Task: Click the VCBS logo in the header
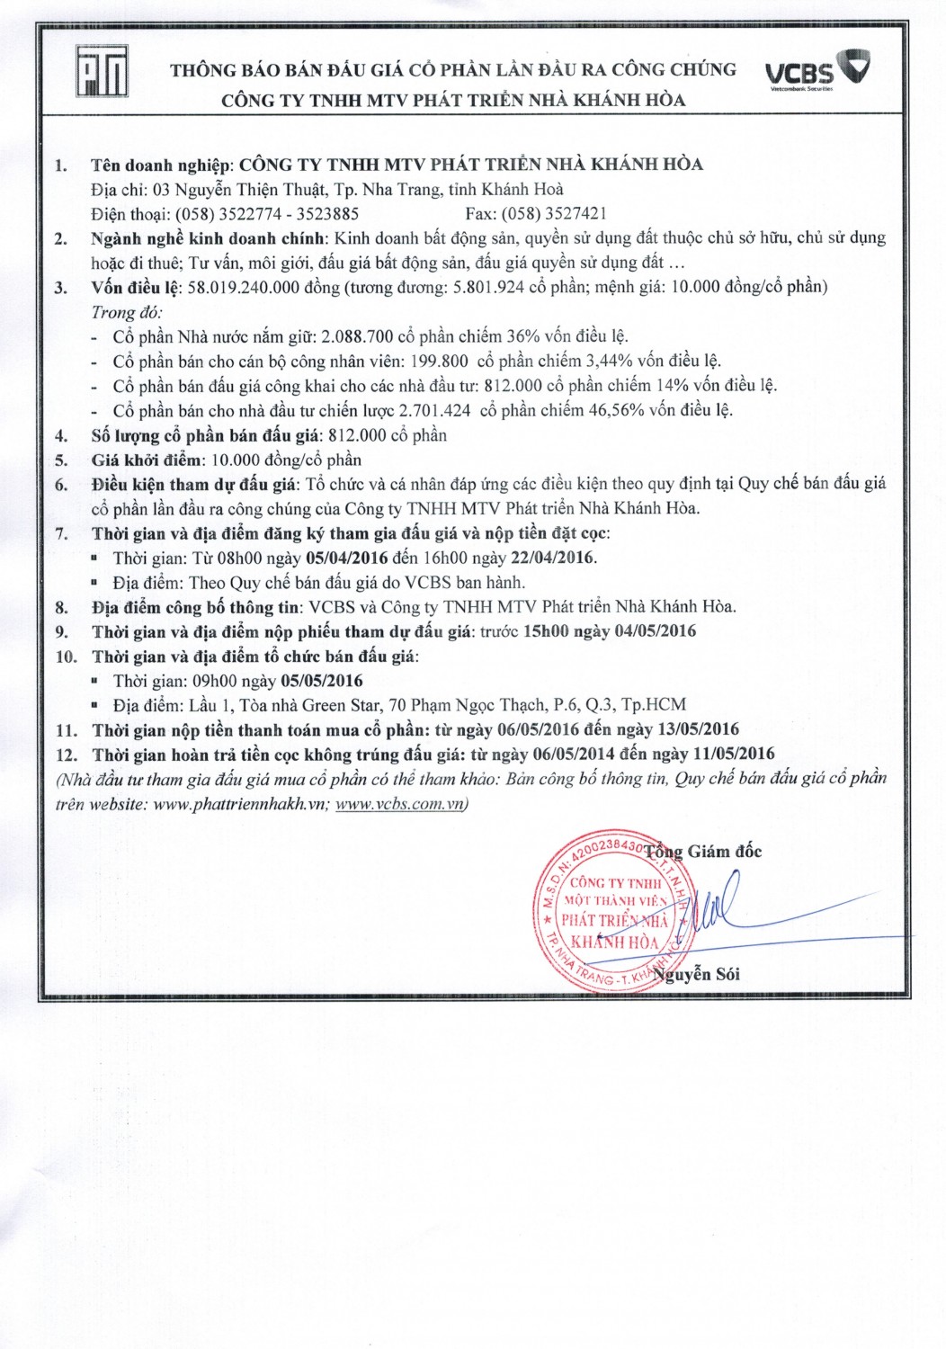tap(817, 69)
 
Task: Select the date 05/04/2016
tap(347, 558)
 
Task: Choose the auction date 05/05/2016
tap(322, 681)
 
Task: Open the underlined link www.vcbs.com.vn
tap(401, 804)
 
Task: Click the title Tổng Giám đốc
tap(703, 852)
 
